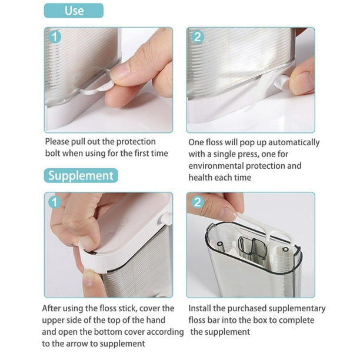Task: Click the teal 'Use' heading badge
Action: point(74,11)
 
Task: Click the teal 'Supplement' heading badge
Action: point(81,175)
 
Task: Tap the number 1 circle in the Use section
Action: point(55,38)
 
